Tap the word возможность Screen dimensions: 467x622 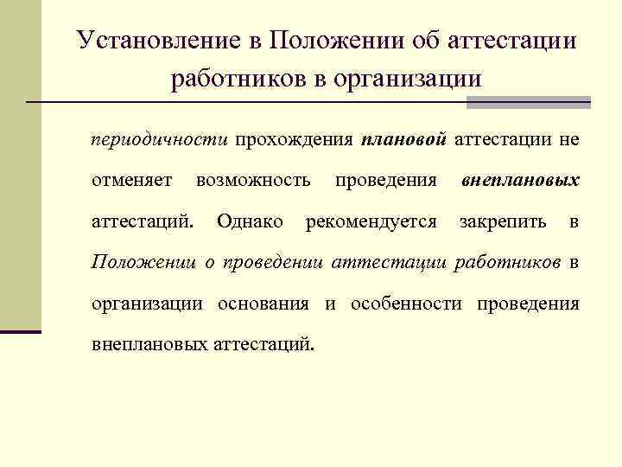coord(253,180)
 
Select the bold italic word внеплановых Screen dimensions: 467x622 coord(520,180)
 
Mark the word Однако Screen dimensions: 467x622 coord(250,221)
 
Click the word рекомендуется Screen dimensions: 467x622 coord(371,221)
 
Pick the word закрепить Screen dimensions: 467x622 coord(503,221)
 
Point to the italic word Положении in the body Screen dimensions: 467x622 coord(143,262)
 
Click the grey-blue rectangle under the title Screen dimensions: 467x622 coord(528,102)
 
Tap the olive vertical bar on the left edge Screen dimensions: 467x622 coord(20,164)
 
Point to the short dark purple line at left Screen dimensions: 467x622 coord(20,331)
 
